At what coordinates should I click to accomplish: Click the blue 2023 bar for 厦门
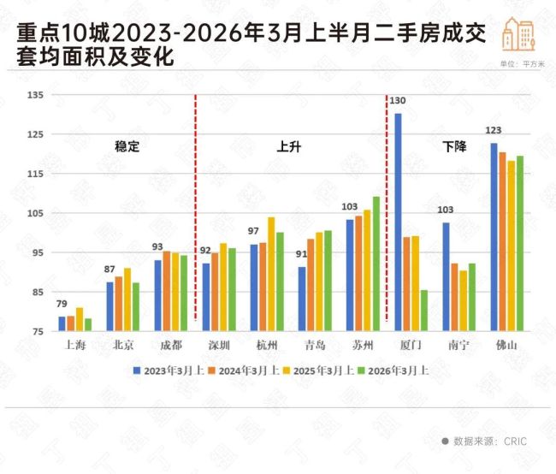[398, 222]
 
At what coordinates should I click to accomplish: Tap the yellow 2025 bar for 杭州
[271, 274]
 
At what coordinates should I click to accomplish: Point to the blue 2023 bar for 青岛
[302, 299]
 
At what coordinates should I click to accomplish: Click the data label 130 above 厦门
[398, 101]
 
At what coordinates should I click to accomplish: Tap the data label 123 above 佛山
[493, 131]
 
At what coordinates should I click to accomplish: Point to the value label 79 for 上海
[62, 305]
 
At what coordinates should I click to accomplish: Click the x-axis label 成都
[170, 345]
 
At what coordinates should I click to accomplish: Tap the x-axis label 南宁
[458, 345]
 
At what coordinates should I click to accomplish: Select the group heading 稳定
[127, 146]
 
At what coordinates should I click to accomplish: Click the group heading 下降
[454, 146]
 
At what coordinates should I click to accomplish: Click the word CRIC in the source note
[514, 441]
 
